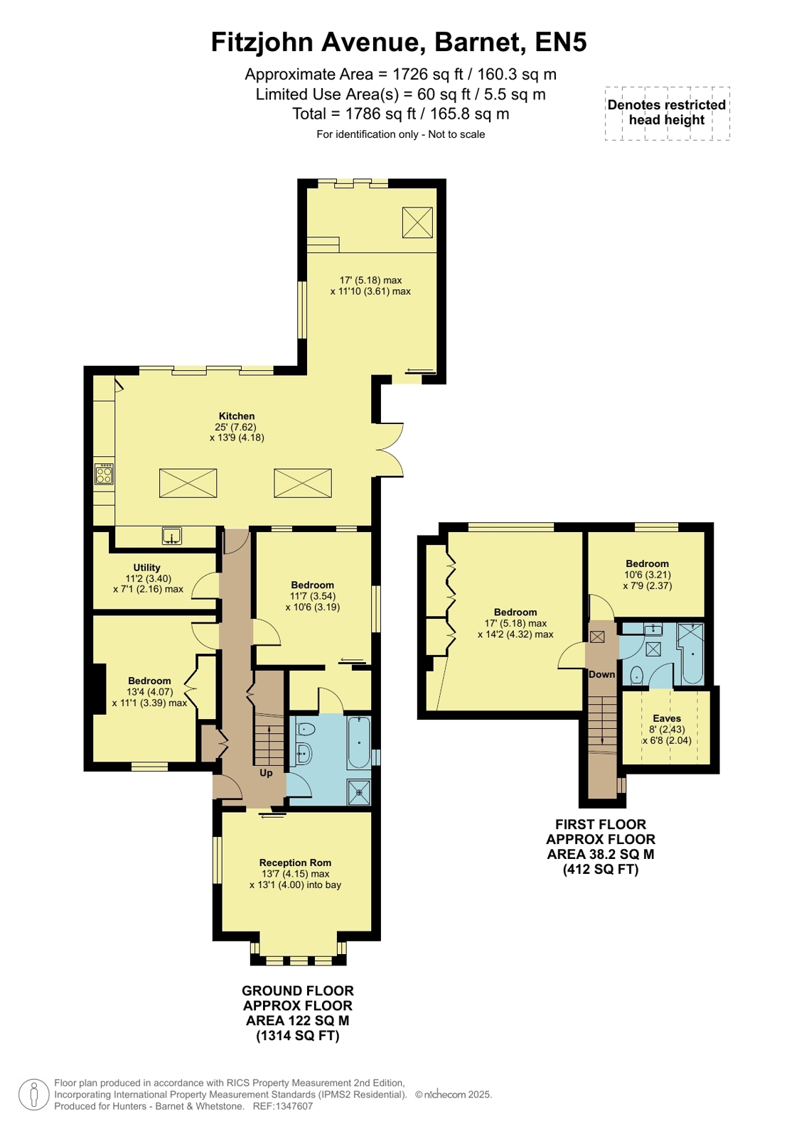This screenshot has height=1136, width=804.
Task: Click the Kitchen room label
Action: (x=237, y=416)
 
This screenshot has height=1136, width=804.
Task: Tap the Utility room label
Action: (x=146, y=568)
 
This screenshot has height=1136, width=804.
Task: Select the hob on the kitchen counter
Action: (x=104, y=474)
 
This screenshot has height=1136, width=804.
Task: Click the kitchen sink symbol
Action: (x=172, y=536)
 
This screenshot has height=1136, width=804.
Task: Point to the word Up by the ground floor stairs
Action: (x=266, y=773)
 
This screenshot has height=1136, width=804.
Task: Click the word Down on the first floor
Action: (x=601, y=674)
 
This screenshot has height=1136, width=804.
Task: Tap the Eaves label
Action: (x=667, y=718)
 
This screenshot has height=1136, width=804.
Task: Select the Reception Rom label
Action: (x=295, y=862)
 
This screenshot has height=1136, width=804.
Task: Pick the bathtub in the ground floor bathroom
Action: (x=359, y=742)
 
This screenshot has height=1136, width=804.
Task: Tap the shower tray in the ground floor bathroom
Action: (x=360, y=793)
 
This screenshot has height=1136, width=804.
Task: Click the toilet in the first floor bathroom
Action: (x=636, y=676)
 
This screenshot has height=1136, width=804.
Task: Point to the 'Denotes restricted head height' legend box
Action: (x=667, y=113)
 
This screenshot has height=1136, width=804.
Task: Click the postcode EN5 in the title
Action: (x=561, y=42)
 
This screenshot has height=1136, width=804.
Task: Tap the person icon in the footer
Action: (x=33, y=1095)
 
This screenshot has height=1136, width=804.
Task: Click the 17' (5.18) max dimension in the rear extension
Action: (x=370, y=280)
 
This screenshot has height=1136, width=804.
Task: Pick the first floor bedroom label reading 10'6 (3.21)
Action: (x=647, y=575)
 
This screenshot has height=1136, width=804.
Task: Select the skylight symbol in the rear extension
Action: (x=417, y=222)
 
